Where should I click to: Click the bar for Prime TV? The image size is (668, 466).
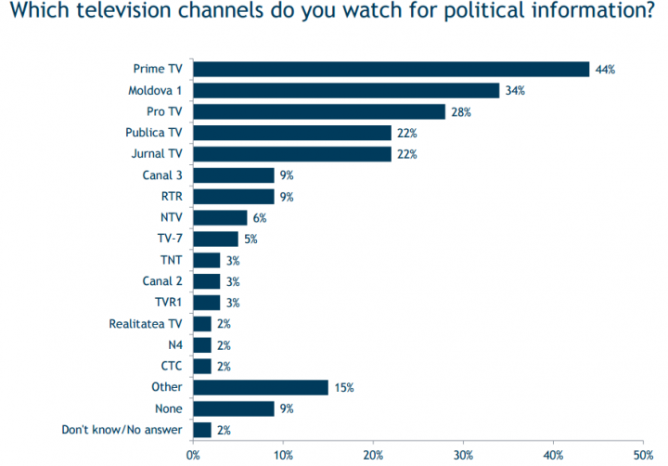pyautogui.click(x=391, y=70)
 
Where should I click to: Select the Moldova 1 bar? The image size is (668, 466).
pyautogui.click(x=346, y=91)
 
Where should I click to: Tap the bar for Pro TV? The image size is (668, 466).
pyautogui.click(x=319, y=112)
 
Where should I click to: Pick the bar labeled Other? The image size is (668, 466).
pyautogui.click(x=261, y=387)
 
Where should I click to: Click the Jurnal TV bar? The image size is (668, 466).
pyautogui.click(x=292, y=154)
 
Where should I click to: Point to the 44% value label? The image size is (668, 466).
pyautogui.click(x=606, y=70)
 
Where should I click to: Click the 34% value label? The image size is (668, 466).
pyautogui.click(x=516, y=91)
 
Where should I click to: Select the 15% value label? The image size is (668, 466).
pyautogui.click(x=344, y=387)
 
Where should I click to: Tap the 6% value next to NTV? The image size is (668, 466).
pyautogui.click(x=260, y=218)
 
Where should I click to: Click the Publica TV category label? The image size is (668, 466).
pyautogui.click(x=155, y=134)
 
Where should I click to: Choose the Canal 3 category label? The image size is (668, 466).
pyautogui.click(x=161, y=175)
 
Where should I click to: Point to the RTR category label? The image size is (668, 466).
pyautogui.click(x=172, y=197)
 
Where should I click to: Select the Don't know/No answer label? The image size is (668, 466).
pyautogui.click(x=122, y=430)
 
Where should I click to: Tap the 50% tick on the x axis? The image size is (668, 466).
pyautogui.click(x=643, y=455)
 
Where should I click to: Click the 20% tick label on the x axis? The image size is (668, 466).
pyautogui.click(x=373, y=455)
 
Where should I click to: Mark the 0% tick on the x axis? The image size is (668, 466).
pyautogui.click(x=193, y=455)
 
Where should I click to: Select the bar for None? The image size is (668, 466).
pyautogui.click(x=234, y=408)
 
